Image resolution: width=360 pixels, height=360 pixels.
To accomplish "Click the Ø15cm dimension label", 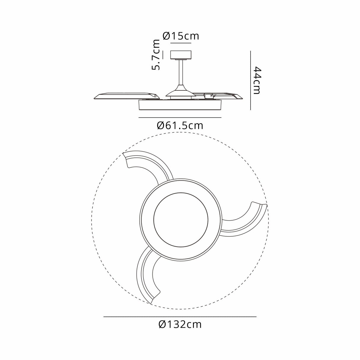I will click(181, 36).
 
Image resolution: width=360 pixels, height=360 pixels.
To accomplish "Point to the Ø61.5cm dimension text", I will click(180, 126).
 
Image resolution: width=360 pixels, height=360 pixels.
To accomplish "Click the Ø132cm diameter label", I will click(180, 324).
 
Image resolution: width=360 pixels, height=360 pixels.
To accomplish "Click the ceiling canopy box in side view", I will click(181, 55).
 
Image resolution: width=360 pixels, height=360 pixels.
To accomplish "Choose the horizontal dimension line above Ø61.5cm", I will click(180, 118).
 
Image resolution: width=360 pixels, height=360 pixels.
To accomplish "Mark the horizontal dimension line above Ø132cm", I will click(180, 317).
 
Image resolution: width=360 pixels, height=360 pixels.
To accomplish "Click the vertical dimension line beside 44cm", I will click(251, 80).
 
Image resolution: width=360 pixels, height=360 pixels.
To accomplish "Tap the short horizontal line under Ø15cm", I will click(181, 43).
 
